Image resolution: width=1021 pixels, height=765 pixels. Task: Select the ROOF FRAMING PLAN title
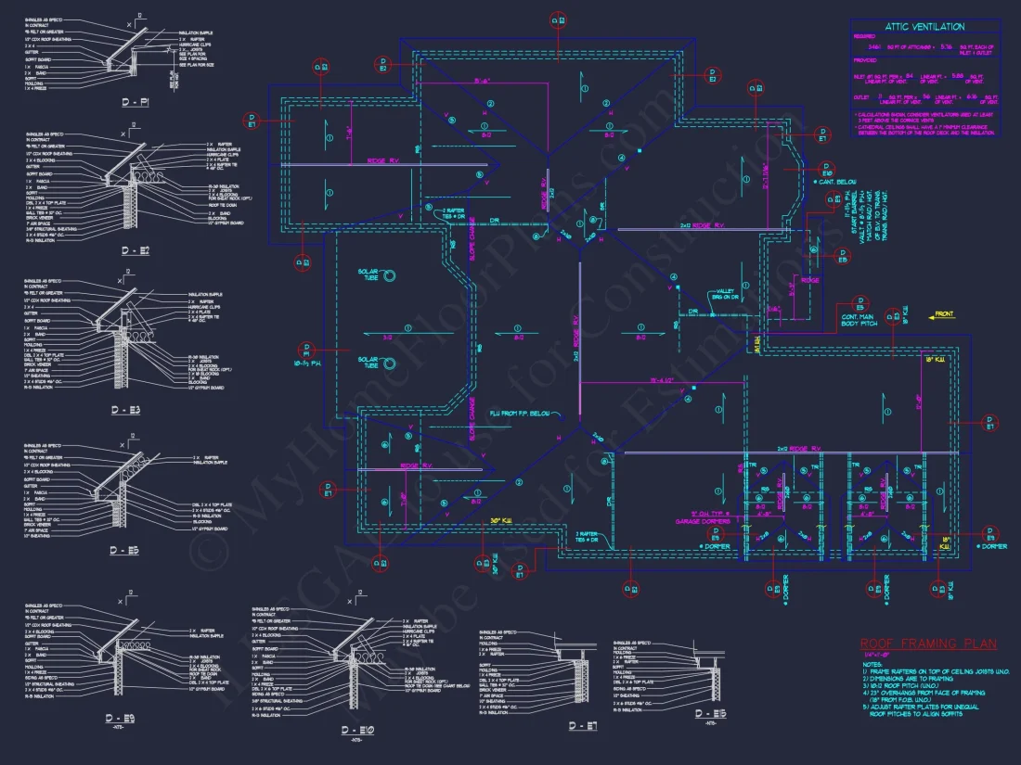coord(927,644)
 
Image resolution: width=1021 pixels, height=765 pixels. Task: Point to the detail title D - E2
coord(135,251)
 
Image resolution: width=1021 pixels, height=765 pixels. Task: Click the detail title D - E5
coord(123,550)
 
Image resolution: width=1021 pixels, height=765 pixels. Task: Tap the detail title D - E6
coord(712,713)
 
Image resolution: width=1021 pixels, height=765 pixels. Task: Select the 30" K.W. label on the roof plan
coord(502,520)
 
